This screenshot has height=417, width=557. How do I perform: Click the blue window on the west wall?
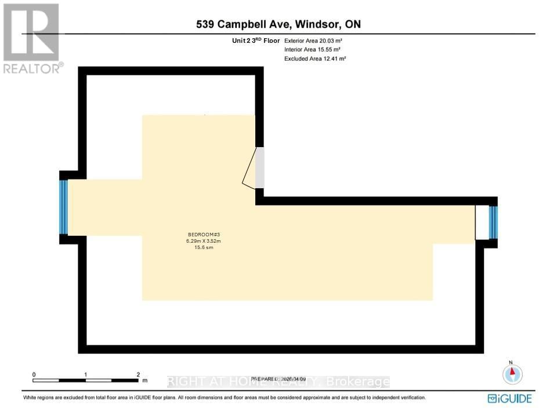click(x=64, y=207)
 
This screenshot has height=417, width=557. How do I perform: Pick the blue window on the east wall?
click(x=493, y=223)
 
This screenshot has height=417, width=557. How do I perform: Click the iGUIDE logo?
click(x=509, y=398)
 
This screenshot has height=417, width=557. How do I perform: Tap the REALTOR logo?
click(x=32, y=38)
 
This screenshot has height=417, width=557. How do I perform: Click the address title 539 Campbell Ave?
click(x=244, y=24)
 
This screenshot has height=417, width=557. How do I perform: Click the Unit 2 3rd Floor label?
click(x=255, y=41)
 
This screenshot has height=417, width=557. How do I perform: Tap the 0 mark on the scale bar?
click(x=34, y=375)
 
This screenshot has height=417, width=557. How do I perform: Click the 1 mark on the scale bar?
click(x=86, y=375)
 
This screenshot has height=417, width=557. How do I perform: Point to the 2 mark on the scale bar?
click(x=138, y=375)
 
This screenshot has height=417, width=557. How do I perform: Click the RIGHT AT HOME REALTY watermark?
click(x=278, y=382)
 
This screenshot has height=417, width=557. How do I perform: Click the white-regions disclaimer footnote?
click(x=224, y=398)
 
